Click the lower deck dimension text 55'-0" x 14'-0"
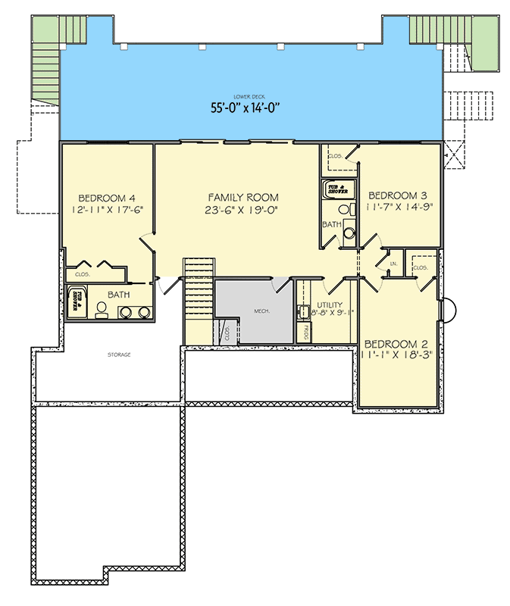[246, 108]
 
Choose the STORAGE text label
[119, 354]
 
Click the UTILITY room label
[330, 305]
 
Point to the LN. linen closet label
[393, 264]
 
